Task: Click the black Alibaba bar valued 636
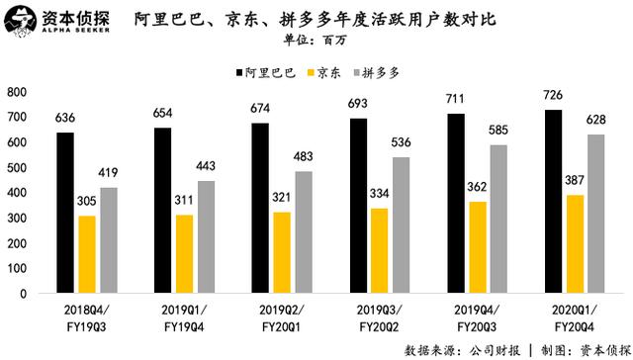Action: point(64,214)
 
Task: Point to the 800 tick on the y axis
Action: point(16,91)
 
